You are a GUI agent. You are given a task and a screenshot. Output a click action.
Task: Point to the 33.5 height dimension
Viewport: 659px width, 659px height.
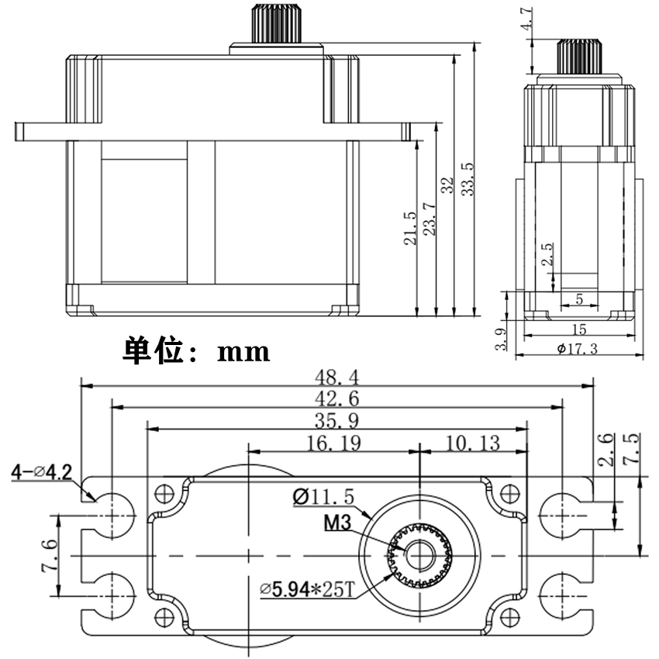(468, 179)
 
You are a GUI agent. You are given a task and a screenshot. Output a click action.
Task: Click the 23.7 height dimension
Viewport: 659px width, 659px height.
(429, 219)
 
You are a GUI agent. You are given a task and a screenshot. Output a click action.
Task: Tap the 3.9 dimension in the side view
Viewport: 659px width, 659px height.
(501, 340)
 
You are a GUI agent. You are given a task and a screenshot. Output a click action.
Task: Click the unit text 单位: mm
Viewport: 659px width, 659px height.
(196, 351)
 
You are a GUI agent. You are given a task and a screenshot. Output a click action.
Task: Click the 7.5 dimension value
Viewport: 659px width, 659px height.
(633, 448)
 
